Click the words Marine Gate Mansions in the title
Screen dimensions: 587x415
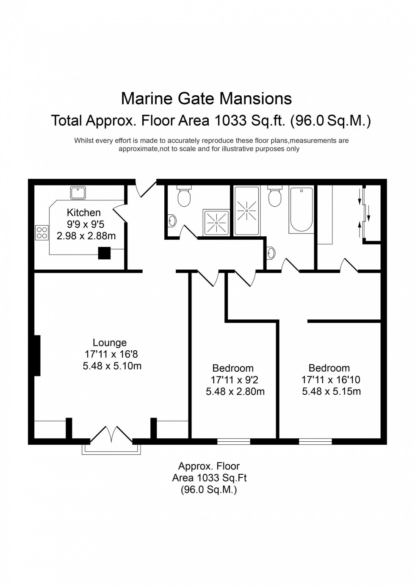206,99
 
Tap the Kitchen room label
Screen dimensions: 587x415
84,213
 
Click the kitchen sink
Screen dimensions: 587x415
78,193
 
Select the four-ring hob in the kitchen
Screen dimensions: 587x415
42,233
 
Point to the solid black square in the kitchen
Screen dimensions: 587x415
104,253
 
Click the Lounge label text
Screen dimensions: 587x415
110,343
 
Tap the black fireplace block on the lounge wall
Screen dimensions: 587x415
37,355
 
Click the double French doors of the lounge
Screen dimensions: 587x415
112,434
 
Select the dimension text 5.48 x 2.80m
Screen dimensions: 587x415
235,392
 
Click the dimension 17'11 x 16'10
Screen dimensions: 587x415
331,380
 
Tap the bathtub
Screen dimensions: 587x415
301,210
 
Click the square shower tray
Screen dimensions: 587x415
217,222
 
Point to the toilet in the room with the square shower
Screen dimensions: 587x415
184,197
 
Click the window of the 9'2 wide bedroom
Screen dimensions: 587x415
234,441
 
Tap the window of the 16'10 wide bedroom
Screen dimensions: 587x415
315,441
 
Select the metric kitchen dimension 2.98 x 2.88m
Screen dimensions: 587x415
86,236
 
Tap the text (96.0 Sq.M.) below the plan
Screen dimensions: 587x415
209,490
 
